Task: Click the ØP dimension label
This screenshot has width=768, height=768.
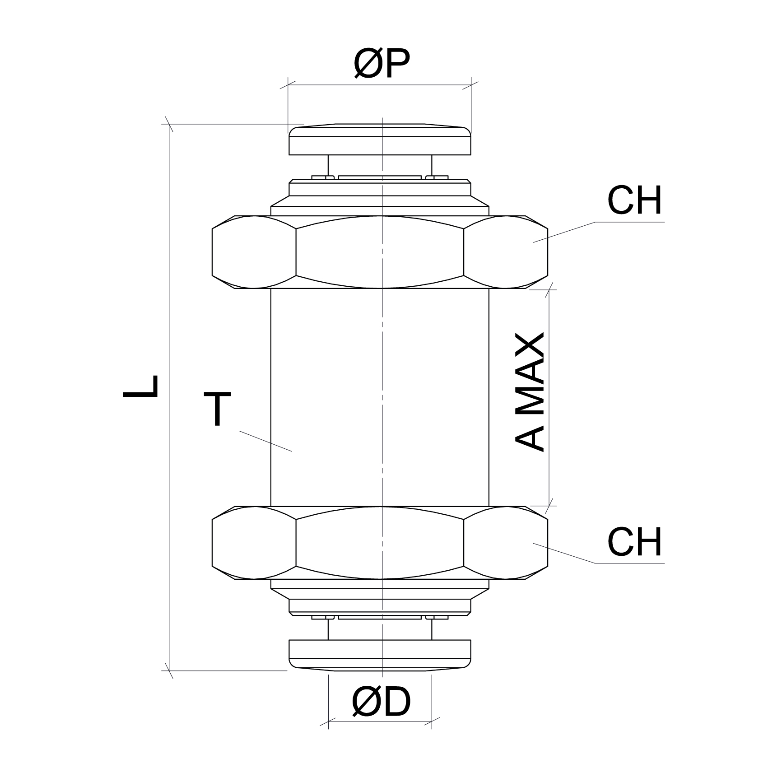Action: (x=382, y=64)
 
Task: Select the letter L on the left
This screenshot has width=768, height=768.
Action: (x=141, y=386)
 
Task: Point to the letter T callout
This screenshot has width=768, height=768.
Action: (x=217, y=409)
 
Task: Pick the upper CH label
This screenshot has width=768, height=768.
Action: (x=634, y=201)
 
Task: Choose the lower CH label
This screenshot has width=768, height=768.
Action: (x=634, y=542)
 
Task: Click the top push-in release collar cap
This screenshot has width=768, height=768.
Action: (x=380, y=140)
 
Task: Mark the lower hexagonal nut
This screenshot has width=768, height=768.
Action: (x=380, y=542)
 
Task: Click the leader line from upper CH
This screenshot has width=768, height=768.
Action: (x=564, y=232)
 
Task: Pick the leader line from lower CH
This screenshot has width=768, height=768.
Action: (x=564, y=554)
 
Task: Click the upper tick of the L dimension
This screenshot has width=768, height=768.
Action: (x=169, y=124)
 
